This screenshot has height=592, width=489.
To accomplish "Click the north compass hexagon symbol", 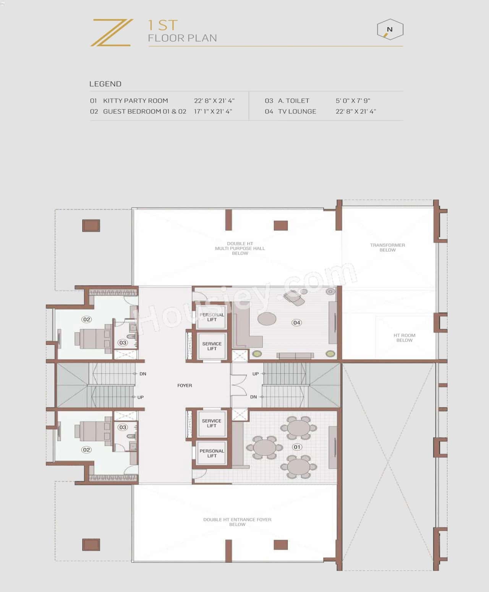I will (x=390, y=30).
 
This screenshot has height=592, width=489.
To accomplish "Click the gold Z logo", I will (x=112, y=33).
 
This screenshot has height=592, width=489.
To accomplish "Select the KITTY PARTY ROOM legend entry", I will (x=135, y=101).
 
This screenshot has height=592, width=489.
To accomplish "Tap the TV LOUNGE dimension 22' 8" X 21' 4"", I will (x=356, y=112).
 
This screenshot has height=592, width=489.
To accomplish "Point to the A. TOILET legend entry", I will (x=293, y=101).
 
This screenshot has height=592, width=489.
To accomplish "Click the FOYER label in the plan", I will (x=185, y=386).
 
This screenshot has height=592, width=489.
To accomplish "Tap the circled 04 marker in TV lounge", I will (x=296, y=323).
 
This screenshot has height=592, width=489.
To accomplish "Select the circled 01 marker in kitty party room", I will (x=297, y=447).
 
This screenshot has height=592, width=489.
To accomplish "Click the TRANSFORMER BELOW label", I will (x=387, y=248).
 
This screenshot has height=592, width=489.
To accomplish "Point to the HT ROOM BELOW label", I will (x=404, y=338).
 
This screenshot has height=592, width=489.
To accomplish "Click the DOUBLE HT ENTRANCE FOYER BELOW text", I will (x=237, y=522).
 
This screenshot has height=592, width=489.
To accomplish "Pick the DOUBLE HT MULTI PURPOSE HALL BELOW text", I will (x=240, y=248).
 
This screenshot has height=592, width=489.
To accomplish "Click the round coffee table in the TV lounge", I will (x=267, y=318).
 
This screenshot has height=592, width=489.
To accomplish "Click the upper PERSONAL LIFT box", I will (x=212, y=317).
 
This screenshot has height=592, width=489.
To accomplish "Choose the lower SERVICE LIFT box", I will (x=212, y=423).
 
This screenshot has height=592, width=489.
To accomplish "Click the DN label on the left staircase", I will (x=142, y=374).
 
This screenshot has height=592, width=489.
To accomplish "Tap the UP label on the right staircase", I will (x=255, y=374).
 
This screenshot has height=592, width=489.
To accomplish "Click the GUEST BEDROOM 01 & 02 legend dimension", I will (x=213, y=112).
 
